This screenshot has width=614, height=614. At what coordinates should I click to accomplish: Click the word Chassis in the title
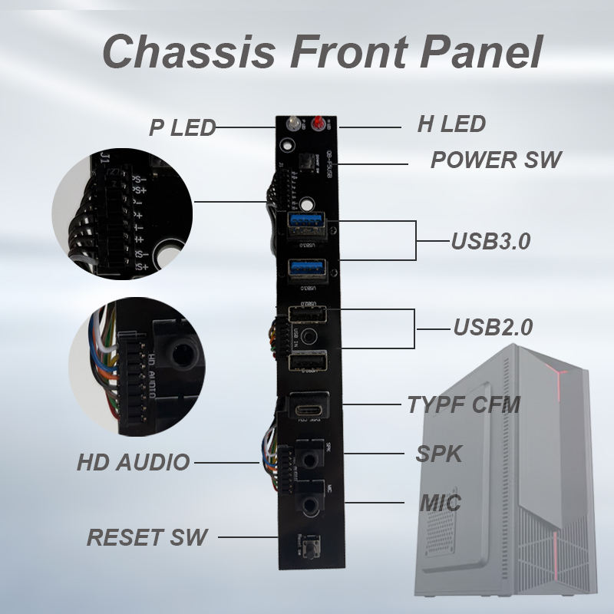pos(180,52)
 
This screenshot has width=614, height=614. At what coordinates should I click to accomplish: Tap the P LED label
pos(183,127)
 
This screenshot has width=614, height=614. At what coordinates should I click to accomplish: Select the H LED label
pos(451,124)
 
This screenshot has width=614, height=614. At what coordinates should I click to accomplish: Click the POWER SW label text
pos(496,160)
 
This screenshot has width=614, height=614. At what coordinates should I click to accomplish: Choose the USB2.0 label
pos(492,328)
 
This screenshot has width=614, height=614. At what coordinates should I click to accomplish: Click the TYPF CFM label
pos(464,404)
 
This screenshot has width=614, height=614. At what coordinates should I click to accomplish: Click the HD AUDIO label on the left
pos(133,463)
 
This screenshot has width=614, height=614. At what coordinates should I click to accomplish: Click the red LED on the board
pos(315,127)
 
